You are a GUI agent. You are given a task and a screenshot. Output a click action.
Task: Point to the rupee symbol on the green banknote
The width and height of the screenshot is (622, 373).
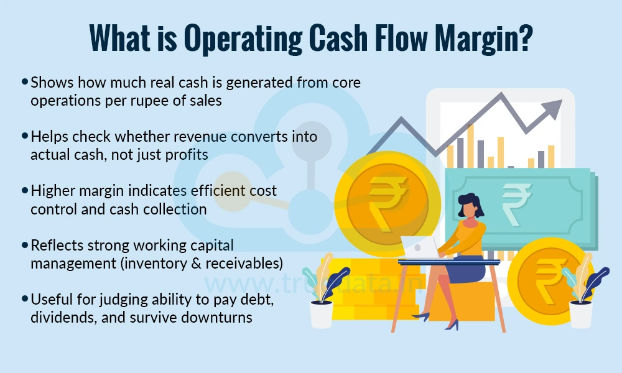click(x=516, y=201)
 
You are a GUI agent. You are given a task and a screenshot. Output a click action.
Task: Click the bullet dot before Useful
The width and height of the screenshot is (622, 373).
click(x=25, y=299)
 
